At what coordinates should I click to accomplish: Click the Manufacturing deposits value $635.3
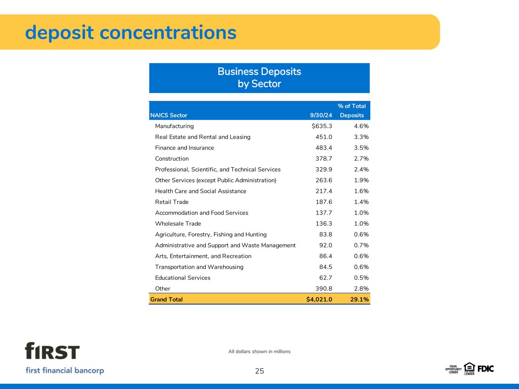[x=322, y=126]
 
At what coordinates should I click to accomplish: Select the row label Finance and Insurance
[x=184, y=148]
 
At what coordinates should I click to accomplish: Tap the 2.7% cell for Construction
[x=361, y=159]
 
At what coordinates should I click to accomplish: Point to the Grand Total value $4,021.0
[x=319, y=299]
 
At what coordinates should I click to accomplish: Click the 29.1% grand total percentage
[x=359, y=299]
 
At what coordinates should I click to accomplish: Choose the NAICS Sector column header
[x=169, y=115]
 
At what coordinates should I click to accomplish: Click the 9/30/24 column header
[x=321, y=115]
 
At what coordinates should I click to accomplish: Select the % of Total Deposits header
[x=352, y=111]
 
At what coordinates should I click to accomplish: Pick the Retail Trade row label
[x=172, y=202]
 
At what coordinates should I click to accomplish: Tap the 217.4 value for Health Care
[x=324, y=191]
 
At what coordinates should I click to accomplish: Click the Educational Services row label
[x=183, y=278]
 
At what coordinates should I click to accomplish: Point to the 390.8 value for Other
[x=324, y=289]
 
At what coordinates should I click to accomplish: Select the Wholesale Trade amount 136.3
[x=324, y=224]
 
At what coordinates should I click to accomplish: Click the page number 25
[x=260, y=371]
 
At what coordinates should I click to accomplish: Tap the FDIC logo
[x=486, y=369]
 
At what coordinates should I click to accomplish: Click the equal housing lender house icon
[x=469, y=368]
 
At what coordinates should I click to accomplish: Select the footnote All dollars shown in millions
[x=259, y=351]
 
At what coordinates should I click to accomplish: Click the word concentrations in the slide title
[x=168, y=33]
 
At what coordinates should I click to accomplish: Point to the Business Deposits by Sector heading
[x=259, y=78]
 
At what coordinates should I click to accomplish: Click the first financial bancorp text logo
[x=65, y=370]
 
